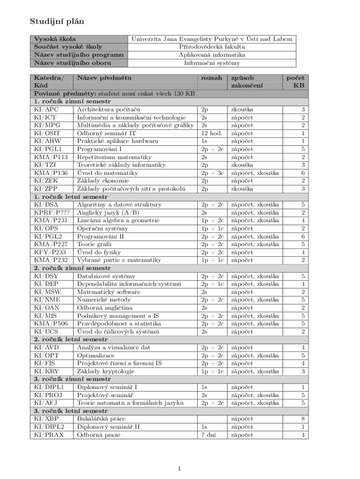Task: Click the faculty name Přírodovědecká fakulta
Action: pos(212,47)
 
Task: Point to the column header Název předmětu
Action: pos(104,78)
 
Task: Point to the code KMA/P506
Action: pos(50,324)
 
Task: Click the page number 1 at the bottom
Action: pos(180,469)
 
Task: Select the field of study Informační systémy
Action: pos(212,63)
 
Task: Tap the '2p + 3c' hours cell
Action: pos(213,173)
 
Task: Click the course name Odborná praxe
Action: pos(98,435)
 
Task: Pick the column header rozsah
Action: pos(211,78)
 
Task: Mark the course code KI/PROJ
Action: pos(48,395)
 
